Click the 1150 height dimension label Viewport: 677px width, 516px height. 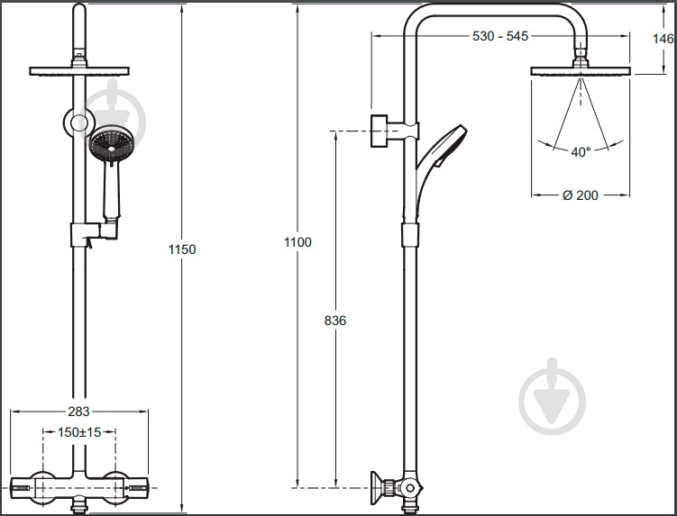pyautogui.click(x=182, y=249)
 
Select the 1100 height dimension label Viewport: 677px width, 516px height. pyautogui.click(x=297, y=242)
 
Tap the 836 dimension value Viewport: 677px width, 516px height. pyautogui.click(x=335, y=321)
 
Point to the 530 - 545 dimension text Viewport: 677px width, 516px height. pyautogui.click(x=500, y=36)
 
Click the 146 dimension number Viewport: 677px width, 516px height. pyautogui.click(x=663, y=39)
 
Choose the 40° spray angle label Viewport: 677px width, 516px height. pyautogui.click(x=581, y=152)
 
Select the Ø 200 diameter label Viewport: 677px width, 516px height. pyautogui.click(x=581, y=195)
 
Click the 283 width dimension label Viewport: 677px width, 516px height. pyautogui.click(x=78, y=412)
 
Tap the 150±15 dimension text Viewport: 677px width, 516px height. pyautogui.click(x=79, y=432)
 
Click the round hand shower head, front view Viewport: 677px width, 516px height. pyautogui.click(x=112, y=143)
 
